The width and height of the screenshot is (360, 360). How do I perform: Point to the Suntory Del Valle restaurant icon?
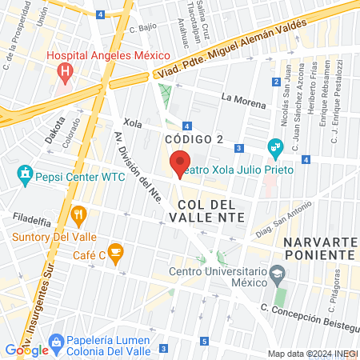point(78,214)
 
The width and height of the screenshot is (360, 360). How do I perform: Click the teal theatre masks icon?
point(275,146)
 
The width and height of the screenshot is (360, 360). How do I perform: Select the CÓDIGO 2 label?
point(193,140)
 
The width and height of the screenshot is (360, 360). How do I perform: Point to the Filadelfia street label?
point(31,218)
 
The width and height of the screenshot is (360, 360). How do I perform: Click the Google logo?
point(27,350)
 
